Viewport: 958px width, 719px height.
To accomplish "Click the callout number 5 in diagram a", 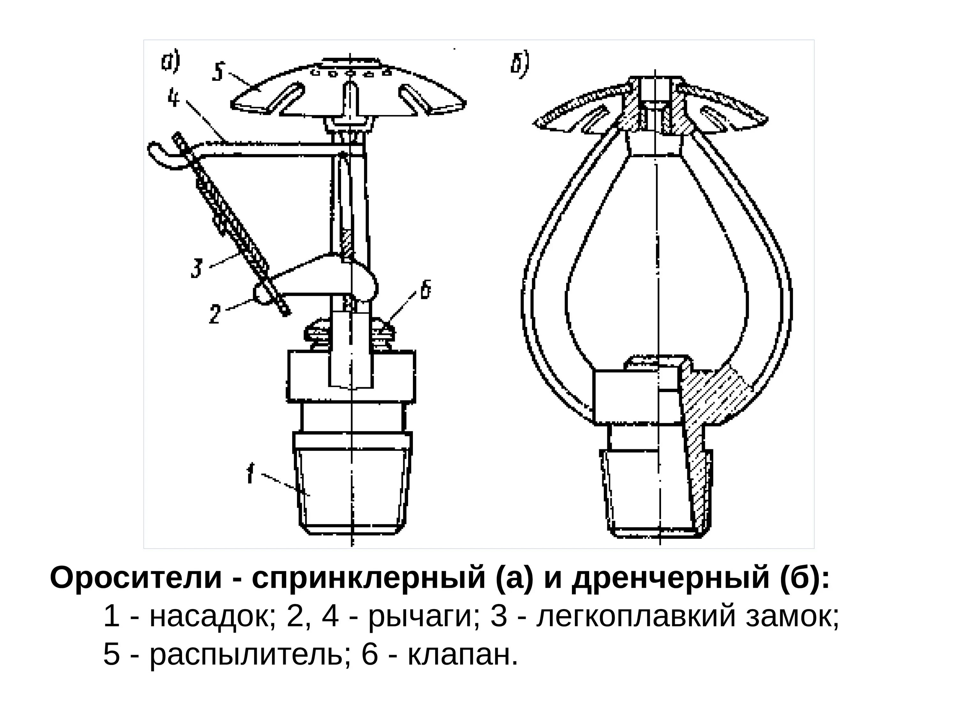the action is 217,72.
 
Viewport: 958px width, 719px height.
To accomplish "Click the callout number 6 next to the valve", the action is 426,290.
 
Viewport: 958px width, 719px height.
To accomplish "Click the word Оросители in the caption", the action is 136,578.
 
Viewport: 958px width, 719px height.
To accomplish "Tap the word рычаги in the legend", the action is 419,617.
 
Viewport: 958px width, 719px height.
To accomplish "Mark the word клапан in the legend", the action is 462,654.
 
